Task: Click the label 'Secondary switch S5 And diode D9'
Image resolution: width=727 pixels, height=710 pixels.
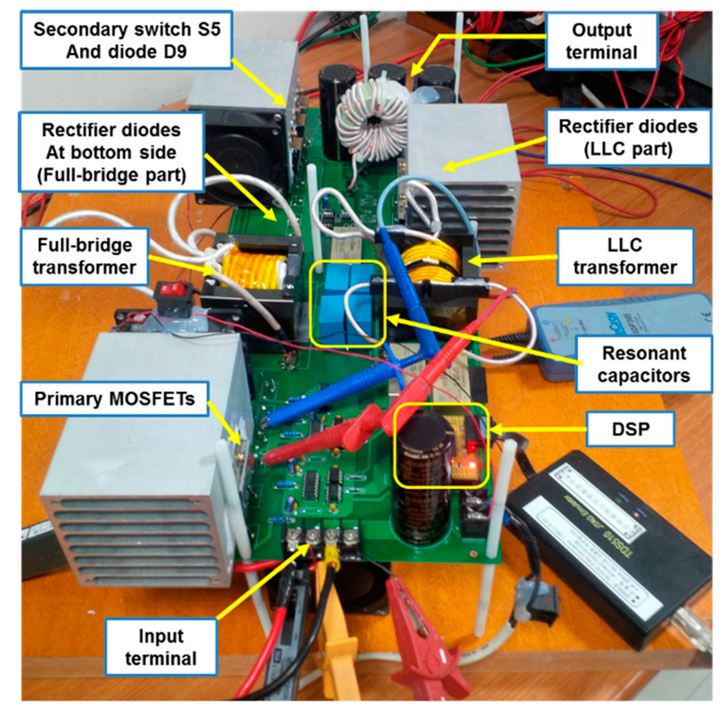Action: tap(127, 40)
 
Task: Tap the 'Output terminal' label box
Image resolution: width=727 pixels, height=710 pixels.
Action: tap(601, 41)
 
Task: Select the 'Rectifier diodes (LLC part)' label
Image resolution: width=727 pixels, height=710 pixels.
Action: tap(628, 138)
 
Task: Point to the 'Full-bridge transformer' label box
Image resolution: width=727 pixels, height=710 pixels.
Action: tap(85, 257)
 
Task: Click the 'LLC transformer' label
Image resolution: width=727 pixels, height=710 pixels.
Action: tap(625, 257)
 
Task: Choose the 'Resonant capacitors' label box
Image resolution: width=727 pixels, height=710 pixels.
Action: tap(643, 364)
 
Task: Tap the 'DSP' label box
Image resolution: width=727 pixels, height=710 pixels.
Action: tap(630, 429)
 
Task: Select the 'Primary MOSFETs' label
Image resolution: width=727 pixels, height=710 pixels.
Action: tap(114, 399)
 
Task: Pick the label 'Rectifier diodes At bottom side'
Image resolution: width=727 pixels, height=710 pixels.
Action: tap(111, 152)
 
